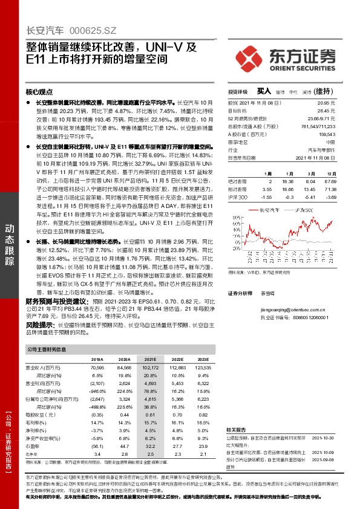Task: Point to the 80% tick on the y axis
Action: click(233, 217)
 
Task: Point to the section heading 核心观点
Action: click(39, 92)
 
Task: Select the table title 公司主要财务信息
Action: click(45, 349)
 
